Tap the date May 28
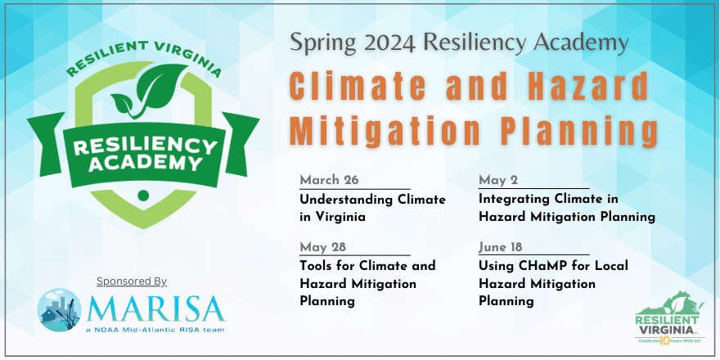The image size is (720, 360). pyautogui.click(x=326, y=247)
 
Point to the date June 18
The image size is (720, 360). pyautogui.click(x=501, y=247)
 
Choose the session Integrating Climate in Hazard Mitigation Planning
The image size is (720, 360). pyautogui.click(x=566, y=209)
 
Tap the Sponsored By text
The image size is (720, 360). pyautogui.click(x=132, y=281)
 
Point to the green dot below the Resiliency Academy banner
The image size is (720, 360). pyautogui.click(x=144, y=195)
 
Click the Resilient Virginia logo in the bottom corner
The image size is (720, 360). pyautogui.click(x=669, y=318)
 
